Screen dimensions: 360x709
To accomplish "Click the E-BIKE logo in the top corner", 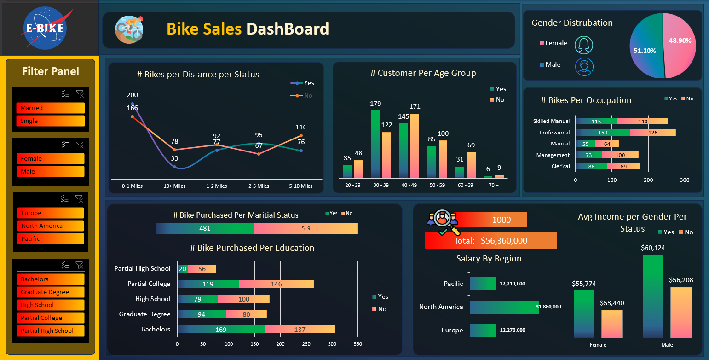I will point(46,28).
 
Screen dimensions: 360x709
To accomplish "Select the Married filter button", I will point(51,108).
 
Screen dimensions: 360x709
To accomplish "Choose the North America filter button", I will point(51,226).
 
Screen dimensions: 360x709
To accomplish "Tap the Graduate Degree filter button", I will point(51,292).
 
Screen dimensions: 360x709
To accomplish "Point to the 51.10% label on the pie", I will point(645,51).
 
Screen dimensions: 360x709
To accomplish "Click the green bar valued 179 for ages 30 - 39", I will point(375,144).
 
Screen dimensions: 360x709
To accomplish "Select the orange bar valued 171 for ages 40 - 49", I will point(415,145).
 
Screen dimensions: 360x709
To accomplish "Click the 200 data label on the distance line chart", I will point(132,95).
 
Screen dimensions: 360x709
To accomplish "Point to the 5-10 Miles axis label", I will point(301,186).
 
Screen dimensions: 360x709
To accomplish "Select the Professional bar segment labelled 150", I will point(603,133).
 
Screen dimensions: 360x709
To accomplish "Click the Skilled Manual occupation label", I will point(551,121).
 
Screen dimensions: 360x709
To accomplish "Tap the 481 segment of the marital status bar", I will point(205,228).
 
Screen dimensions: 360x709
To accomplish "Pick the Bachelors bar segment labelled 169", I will point(221,330).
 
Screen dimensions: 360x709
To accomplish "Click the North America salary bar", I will point(504,307).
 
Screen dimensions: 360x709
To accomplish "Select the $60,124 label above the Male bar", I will point(653,248).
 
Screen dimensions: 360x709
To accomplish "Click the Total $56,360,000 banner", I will point(490,240).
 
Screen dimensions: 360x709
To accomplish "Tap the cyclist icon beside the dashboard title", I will point(129,29).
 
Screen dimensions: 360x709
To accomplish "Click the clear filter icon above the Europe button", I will point(79,198).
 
